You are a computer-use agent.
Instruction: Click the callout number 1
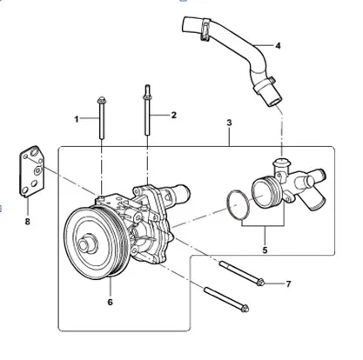point(77,119)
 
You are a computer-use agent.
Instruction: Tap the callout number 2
point(174,115)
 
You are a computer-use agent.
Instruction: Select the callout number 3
point(229,123)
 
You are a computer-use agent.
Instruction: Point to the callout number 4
point(278,46)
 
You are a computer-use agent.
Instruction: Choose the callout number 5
point(265,250)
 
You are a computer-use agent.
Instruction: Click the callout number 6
point(110,302)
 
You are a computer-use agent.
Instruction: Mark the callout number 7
point(288,284)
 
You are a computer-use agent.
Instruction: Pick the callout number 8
point(28,222)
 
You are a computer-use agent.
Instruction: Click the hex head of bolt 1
point(101,100)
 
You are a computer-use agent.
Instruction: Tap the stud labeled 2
point(147,110)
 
